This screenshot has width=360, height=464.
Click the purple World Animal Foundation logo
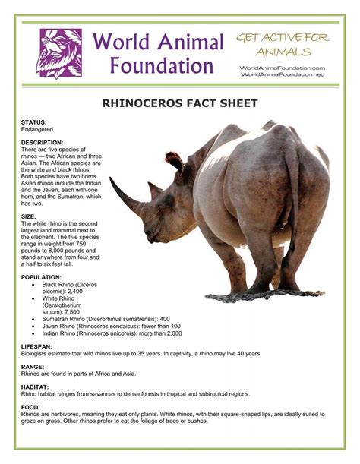coord(59,53)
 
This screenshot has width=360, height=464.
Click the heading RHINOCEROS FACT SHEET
coord(180,103)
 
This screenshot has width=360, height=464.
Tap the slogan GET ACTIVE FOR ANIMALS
coord(283,45)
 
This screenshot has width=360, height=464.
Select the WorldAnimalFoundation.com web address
coord(283,68)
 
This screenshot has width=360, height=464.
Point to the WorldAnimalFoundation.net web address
coord(283,74)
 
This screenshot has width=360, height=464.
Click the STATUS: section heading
coord(34,122)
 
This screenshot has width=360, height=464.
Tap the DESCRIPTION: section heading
coord(43,142)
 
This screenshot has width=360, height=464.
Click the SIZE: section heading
coord(29,216)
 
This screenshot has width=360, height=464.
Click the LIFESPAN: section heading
coord(37,345)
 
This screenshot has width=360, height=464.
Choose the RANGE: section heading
coord(33,366)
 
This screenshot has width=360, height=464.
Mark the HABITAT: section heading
coord(35,387)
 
